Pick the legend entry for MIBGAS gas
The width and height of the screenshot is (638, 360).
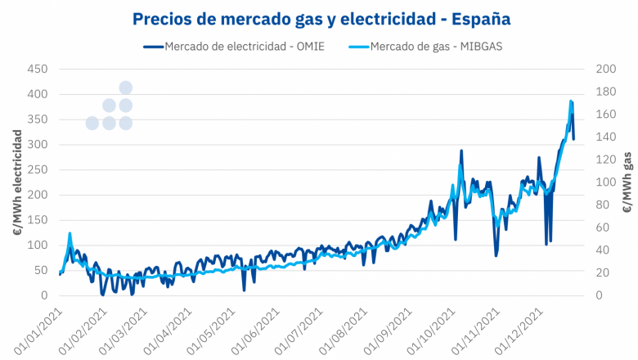(x=436, y=46)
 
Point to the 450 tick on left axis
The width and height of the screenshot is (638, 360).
(x=38, y=70)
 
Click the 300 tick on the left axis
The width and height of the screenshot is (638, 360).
(x=38, y=145)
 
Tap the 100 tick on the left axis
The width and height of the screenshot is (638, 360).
(x=38, y=245)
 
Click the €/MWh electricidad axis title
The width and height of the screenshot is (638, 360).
(x=16, y=182)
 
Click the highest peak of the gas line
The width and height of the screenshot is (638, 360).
(x=571, y=101)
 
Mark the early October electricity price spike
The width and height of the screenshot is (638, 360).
(x=461, y=151)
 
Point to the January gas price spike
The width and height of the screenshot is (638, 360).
(x=70, y=234)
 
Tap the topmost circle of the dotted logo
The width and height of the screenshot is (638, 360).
(x=126, y=88)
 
